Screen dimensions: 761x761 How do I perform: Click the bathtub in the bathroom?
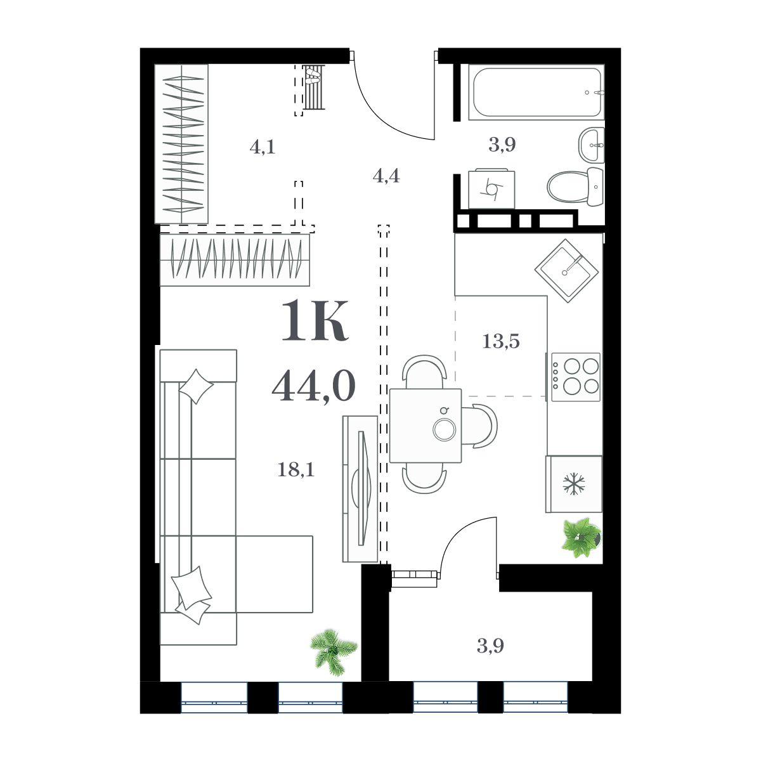tap(536, 92)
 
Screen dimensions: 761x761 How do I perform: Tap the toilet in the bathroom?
tap(575, 186)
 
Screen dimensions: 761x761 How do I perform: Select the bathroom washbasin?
tap(592, 145)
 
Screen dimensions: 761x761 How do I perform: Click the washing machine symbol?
tap(491, 188)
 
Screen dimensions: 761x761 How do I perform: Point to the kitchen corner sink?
tap(567, 271)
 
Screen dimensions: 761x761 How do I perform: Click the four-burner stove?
tap(575, 377)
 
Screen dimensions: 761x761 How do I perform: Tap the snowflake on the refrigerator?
tap(574, 485)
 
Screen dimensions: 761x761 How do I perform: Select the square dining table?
tap(426, 426)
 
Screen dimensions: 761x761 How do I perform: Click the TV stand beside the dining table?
tap(360, 489)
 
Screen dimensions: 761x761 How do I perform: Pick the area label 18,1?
tap(296, 470)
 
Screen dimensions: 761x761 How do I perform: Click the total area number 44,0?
tap(314, 387)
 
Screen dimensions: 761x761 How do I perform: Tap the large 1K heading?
tap(315, 320)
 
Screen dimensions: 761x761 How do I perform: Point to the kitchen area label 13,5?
tap(500, 342)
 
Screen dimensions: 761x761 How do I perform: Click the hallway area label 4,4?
tap(386, 176)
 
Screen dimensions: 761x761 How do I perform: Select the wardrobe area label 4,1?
tap(262, 147)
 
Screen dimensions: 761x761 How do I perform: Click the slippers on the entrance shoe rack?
tap(313, 76)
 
